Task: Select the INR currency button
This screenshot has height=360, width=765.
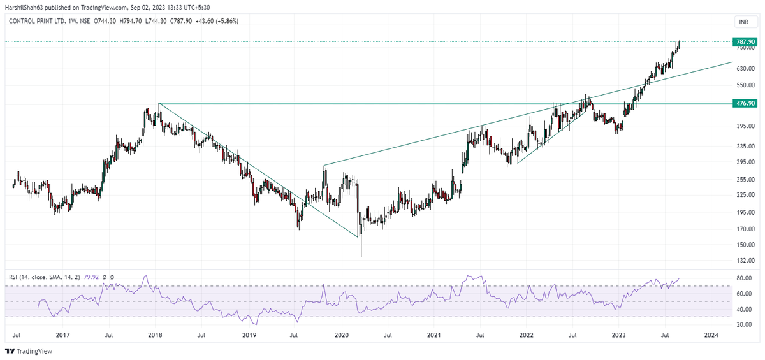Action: pyautogui.click(x=743, y=22)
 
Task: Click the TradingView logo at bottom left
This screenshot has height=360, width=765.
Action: pyautogui.click(x=29, y=351)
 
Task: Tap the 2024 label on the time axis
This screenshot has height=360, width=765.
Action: pyautogui.click(x=711, y=334)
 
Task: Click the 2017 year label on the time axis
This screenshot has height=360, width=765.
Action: pyautogui.click(x=62, y=334)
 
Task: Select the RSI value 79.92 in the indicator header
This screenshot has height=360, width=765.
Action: pyautogui.click(x=94, y=277)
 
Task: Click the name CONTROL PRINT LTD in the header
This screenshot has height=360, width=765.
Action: pyautogui.click(x=38, y=20)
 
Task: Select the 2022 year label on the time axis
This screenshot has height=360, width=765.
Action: pyautogui.click(x=526, y=334)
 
